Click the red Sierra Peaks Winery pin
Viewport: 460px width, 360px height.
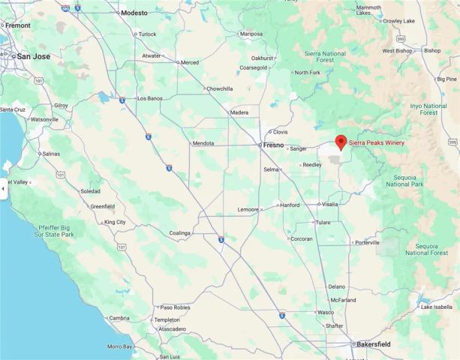point(340,141)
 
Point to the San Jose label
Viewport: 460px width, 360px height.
point(34,56)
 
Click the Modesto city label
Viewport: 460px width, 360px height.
point(134,13)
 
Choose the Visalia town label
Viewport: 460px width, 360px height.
point(330,204)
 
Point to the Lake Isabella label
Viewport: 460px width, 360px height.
point(437,307)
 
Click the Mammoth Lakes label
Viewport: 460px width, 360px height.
point(368,10)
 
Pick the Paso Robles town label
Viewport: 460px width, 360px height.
point(175,307)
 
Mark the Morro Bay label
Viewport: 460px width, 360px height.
point(119,346)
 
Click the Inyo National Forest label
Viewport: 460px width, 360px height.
point(428,109)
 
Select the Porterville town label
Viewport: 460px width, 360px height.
point(368,242)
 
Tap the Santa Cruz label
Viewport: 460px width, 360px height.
point(14,110)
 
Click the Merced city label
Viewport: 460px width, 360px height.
point(189,62)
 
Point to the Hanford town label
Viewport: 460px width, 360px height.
point(290,205)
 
